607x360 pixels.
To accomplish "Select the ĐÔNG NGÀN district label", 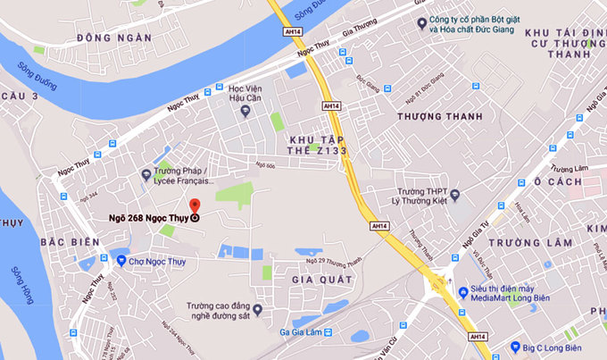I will coord(113,38).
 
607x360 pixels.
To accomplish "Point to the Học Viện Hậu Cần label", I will coord(250,95).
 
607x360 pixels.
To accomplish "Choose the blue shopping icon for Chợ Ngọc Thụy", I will coord(121,261).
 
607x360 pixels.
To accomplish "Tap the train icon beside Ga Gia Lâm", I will coord(328,332).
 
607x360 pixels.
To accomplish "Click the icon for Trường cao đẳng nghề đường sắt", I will coord(258,310).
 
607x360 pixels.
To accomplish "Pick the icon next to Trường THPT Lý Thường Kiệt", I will coord(454,195).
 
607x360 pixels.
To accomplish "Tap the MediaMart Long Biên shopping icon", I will coord(463,292).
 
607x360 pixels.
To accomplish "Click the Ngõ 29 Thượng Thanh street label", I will coord(334,261).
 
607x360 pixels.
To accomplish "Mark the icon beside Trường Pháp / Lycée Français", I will coord(146,176).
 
